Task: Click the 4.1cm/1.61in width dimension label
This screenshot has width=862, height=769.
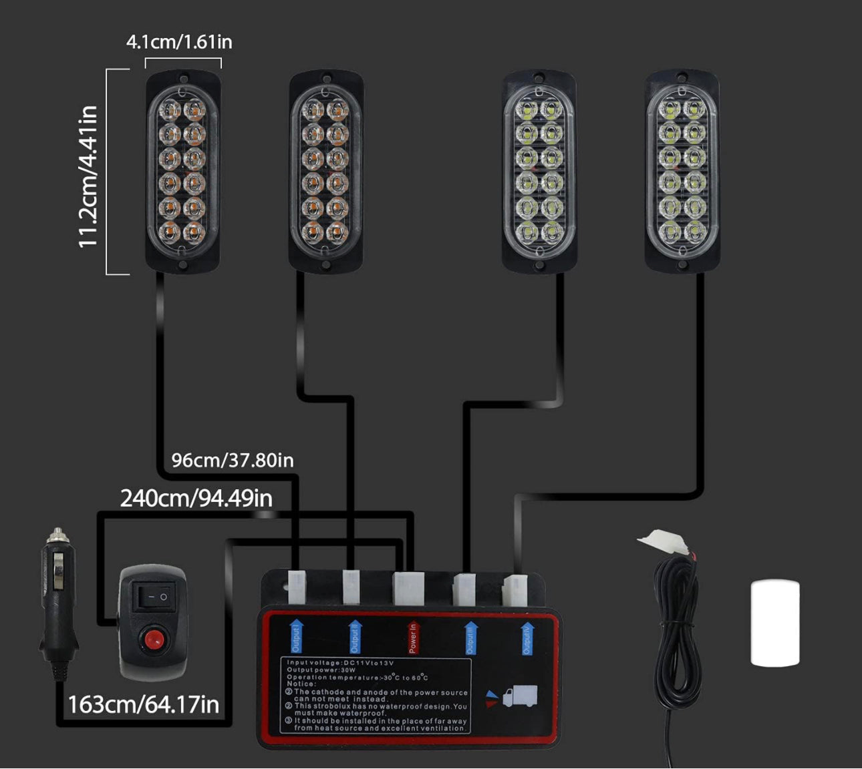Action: (x=179, y=42)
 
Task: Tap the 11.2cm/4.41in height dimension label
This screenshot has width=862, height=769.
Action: (x=89, y=176)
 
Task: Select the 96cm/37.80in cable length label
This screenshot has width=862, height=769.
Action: (x=232, y=460)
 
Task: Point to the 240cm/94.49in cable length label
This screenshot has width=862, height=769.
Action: (x=196, y=498)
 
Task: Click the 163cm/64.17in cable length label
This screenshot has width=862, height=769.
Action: (x=143, y=704)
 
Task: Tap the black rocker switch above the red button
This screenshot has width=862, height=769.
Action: (x=154, y=596)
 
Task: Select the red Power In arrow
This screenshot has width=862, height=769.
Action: (x=412, y=637)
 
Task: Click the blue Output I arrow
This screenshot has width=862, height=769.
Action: (x=296, y=635)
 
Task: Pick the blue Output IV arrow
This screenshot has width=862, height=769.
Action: (x=527, y=637)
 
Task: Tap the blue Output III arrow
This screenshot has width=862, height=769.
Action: (x=470, y=638)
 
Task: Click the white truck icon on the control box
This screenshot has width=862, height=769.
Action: (x=519, y=696)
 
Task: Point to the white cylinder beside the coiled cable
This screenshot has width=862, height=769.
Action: (x=775, y=623)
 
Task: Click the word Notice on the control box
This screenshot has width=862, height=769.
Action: (x=301, y=684)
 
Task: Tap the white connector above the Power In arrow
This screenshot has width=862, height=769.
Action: (x=408, y=587)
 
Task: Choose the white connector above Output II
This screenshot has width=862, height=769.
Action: (x=351, y=585)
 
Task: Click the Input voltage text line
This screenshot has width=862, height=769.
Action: (x=340, y=662)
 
